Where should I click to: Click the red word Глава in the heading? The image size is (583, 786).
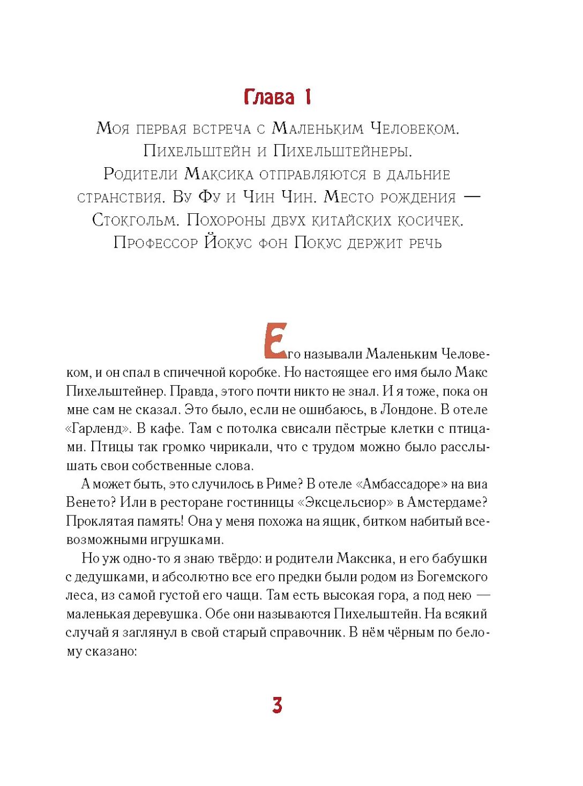coord(269,97)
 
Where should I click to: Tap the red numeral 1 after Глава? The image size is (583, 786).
coord(308,97)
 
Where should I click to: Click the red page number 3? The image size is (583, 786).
coord(277,705)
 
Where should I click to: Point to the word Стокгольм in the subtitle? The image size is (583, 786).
coord(134,220)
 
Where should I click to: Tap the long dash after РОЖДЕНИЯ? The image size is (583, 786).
coord(471,197)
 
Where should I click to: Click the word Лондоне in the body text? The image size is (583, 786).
coord(407,410)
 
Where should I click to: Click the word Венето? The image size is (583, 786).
coord(90,503)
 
